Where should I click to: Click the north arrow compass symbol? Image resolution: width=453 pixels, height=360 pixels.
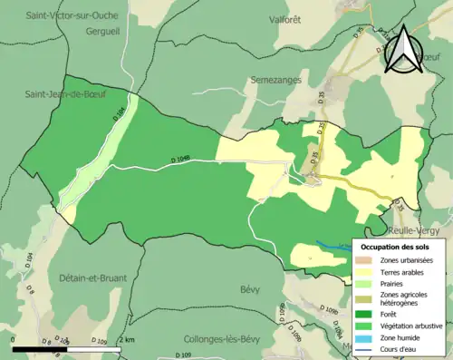tap(402, 49)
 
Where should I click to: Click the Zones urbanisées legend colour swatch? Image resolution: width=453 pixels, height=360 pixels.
tap(367, 261)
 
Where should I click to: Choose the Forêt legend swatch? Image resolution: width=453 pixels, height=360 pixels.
tap(367, 314)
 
